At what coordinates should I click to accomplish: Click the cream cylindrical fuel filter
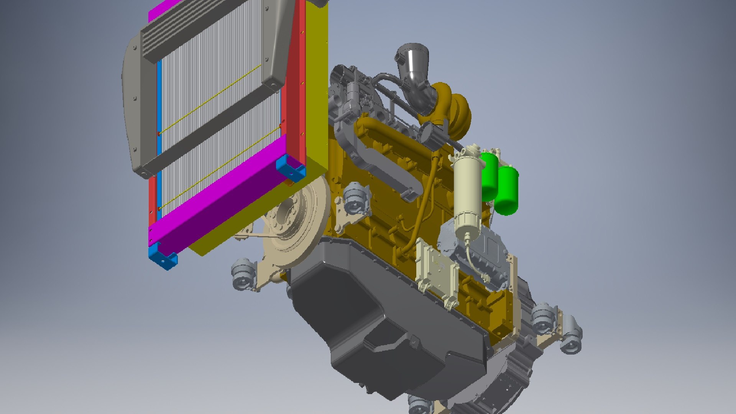(x=467, y=192)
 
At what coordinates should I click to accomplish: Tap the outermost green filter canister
(x=507, y=192)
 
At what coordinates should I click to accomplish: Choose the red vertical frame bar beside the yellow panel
(x=295, y=77)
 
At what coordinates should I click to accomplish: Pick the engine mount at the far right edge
(x=571, y=337)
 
